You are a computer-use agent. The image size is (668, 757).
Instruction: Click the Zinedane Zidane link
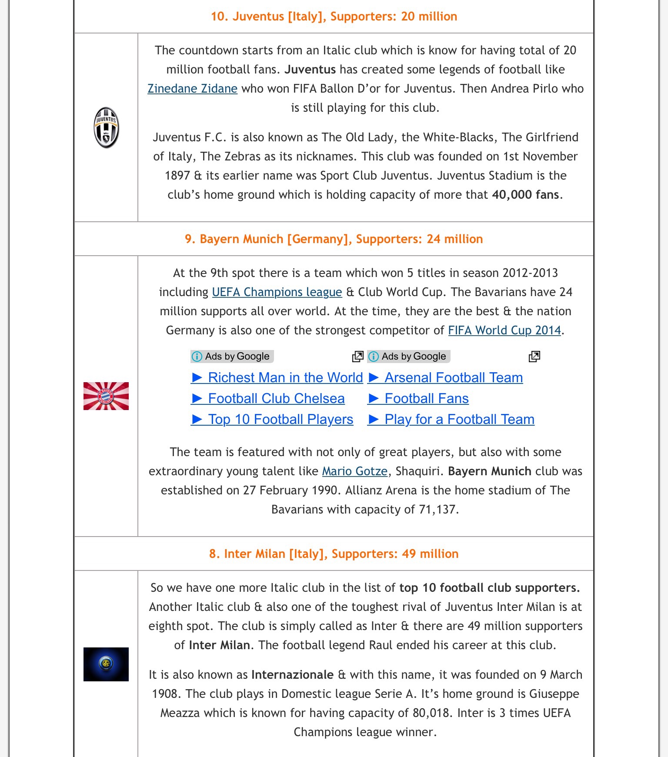tap(192, 89)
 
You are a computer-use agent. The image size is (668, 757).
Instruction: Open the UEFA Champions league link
tap(277, 292)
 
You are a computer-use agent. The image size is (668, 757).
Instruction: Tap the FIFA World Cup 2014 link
tap(504, 330)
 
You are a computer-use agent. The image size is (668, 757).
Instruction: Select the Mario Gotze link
tap(354, 471)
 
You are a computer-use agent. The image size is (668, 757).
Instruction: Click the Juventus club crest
tap(106, 127)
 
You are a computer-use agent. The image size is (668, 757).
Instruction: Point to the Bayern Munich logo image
tap(106, 396)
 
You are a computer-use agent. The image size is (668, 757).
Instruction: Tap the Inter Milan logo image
tap(106, 664)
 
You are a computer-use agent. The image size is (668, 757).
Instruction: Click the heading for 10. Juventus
tap(334, 17)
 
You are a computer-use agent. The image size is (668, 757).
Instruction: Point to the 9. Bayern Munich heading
tap(334, 239)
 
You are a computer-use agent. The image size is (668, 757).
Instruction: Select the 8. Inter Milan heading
tap(334, 554)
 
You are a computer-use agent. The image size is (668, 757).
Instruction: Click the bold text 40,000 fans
tap(525, 195)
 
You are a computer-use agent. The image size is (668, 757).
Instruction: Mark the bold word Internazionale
tap(292, 675)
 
